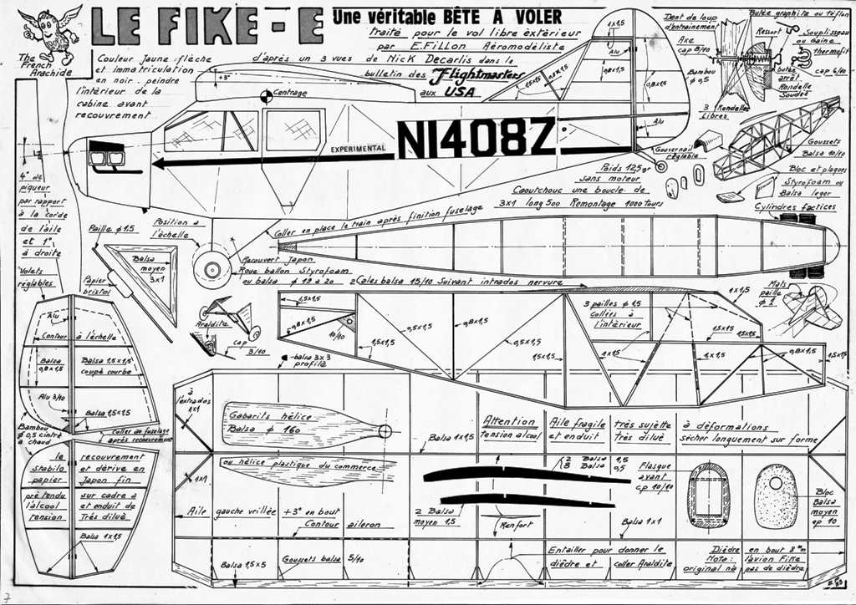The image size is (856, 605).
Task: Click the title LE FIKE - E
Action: (207, 26)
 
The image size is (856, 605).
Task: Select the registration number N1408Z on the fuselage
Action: (476, 137)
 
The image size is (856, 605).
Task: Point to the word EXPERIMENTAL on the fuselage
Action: (358, 149)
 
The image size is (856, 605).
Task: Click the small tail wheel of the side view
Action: (660, 165)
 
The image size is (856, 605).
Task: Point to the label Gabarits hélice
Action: (255, 415)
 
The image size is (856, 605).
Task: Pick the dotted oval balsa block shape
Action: (776, 496)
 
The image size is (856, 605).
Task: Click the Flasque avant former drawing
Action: (708, 495)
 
